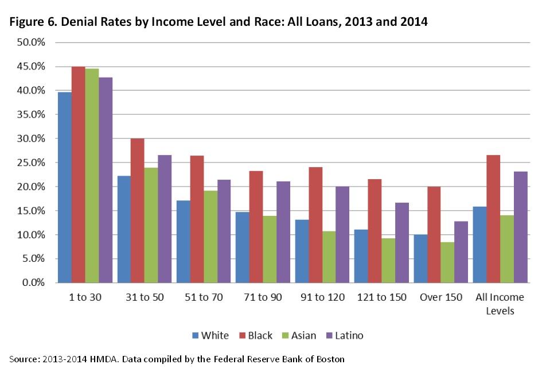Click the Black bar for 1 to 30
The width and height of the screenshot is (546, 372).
[x=79, y=175]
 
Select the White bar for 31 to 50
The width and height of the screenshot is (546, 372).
[x=124, y=229]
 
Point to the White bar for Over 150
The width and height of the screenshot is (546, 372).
[x=420, y=258]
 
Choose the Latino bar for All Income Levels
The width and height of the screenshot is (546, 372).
[x=520, y=227]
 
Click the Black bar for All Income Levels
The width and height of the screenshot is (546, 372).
[x=493, y=219]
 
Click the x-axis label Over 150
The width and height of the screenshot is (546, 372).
[x=440, y=297]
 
